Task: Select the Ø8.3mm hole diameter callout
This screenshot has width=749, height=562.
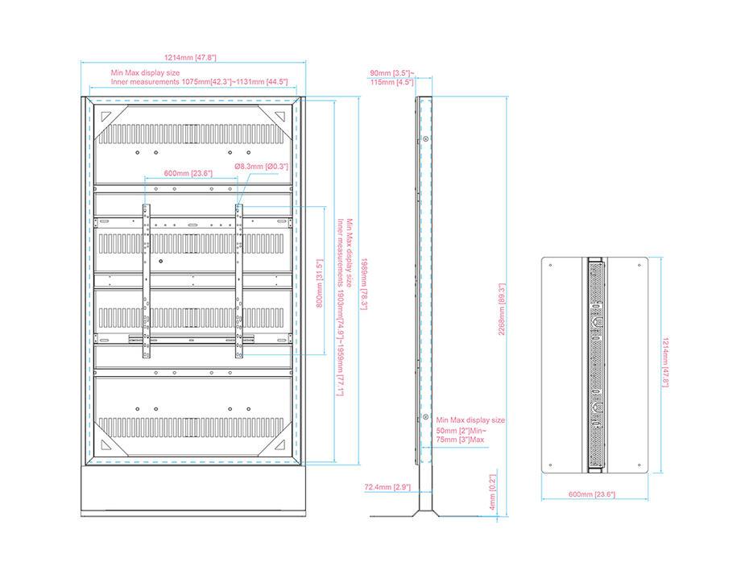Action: [x=260, y=166]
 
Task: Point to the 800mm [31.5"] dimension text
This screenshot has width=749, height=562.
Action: [x=319, y=282]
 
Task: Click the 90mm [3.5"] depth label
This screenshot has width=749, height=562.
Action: [x=392, y=73]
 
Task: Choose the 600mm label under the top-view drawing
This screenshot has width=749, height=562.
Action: [x=592, y=494]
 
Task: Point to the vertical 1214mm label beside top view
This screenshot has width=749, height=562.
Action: [x=664, y=362]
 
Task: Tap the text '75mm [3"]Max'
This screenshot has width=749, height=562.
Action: [x=461, y=440]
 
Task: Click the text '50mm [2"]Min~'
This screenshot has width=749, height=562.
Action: [x=460, y=431]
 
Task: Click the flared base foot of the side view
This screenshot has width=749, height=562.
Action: [x=425, y=511]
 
